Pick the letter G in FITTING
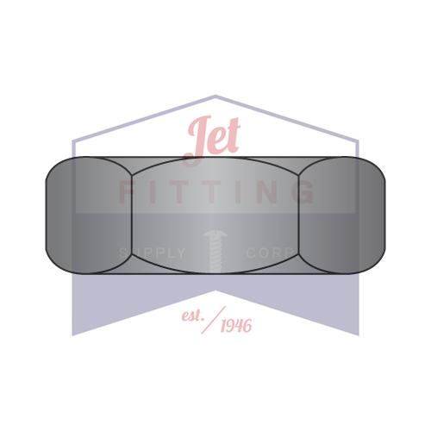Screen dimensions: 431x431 click(303, 192)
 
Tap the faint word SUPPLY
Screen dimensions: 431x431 click(152, 253)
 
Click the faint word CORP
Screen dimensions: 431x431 click(271, 253)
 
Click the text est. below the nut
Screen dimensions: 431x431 click(191, 316)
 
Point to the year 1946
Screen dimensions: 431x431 click(235, 325)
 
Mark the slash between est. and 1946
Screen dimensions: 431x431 click(211, 320)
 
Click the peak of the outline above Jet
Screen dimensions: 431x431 click(215, 96)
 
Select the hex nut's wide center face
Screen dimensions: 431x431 click(215, 215)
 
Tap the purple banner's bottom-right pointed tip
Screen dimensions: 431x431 click(358, 334)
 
